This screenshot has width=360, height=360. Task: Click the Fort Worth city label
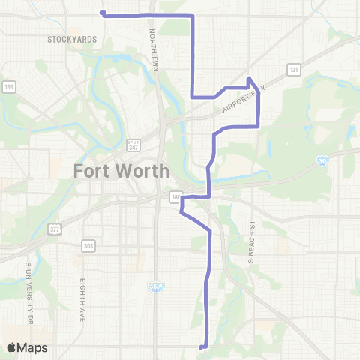pos(121,171)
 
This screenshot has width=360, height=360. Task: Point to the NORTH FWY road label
pos(153,45)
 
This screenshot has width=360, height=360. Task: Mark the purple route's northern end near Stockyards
pos(102,13)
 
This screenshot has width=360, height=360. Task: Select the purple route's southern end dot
pos(201,346)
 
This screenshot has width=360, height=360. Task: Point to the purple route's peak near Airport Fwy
pos(249,78)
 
